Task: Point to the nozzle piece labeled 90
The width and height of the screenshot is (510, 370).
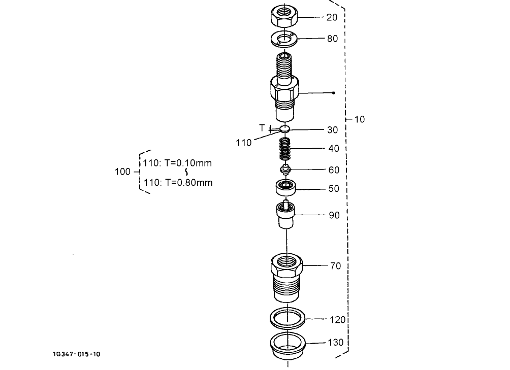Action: point(285,215)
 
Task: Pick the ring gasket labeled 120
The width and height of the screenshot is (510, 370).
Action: point(287,319)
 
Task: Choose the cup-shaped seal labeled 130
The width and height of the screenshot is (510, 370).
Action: point(287,346)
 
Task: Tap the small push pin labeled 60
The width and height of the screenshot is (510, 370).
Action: point(285,170)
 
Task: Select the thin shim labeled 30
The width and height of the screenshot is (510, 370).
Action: point(285,129)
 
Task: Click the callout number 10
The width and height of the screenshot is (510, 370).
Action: point(359,119)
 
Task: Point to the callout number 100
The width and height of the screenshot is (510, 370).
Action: point(122,172)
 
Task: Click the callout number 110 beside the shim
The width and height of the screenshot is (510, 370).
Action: point(244,143)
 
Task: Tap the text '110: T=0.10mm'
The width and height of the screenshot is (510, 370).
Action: point(177,163)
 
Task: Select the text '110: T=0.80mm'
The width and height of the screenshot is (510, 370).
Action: point(178,182)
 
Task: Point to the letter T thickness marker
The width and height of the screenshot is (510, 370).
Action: point(262,127)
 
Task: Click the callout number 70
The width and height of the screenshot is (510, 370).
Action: point(335,265)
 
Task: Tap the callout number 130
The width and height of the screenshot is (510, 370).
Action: point(336,343)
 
